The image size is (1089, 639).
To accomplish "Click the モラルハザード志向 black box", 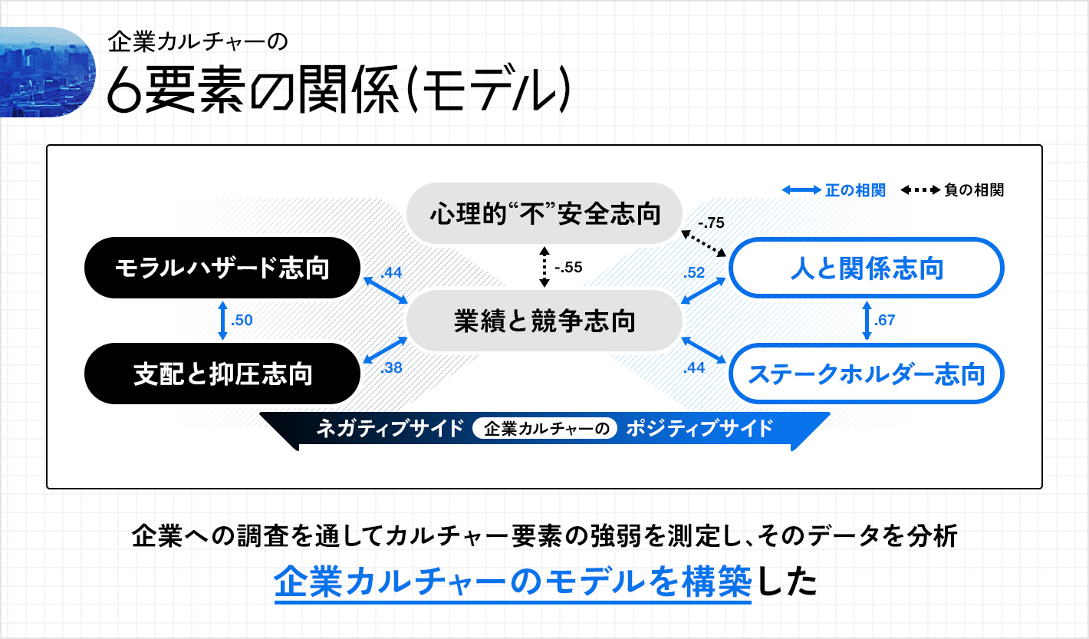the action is (x=222, y=268).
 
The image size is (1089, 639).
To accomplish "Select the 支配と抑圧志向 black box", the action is (x=222, y=374).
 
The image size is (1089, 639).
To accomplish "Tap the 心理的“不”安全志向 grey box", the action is (x=544, y=213).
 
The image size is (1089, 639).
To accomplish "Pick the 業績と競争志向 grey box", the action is (x=544, y=321).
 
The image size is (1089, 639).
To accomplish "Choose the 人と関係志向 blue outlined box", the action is (x=867, y=268).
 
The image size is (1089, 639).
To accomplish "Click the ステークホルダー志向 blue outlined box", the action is (x=867, y=374).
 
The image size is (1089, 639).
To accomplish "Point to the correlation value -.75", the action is (x=711, y=222).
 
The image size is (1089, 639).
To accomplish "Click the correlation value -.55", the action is (x=568, y=267).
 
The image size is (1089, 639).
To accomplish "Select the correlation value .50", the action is (x=242, y=320).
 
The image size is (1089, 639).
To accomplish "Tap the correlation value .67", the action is (x=884, y=320).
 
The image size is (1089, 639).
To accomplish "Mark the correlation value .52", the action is (x=694, y=272).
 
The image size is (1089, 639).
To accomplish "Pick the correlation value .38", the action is (x=391, y=367).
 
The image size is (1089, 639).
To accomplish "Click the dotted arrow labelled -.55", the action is (x=544, y=267).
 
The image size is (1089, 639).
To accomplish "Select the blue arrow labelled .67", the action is (x=867, y=321).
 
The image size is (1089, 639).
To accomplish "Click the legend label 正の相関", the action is (x=855, y=190).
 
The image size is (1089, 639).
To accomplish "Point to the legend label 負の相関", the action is (x=974, y=190).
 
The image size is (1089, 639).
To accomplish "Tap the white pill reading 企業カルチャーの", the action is (x=545, y=429).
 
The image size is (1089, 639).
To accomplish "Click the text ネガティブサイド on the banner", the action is (x=390, y=429).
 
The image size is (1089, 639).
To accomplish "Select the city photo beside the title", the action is (x=48, y=72).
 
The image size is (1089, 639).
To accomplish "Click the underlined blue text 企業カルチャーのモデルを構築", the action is (x=513, y=581).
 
